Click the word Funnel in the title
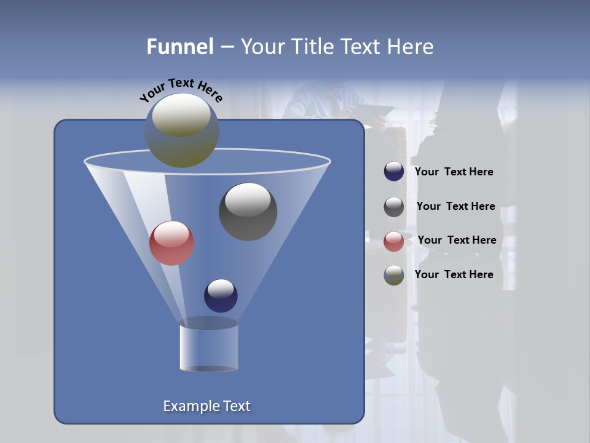click(179, 47)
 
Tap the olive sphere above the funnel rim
click(181, 130)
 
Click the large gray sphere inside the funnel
click(248, 212)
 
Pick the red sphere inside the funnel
click(171, 243)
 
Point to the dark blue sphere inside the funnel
click(221, 295)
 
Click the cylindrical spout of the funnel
click(208, 347)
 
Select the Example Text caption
click(206, 406)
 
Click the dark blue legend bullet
click(394, 172)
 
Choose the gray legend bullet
click(394, 207)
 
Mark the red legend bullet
click(394, 241)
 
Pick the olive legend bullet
click(394, 275)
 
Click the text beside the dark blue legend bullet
click(454, 172)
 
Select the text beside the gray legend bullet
click(455, 207)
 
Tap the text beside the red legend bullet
click(457, 240)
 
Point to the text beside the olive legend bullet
click(454, 274)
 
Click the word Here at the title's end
click(412, 47)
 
